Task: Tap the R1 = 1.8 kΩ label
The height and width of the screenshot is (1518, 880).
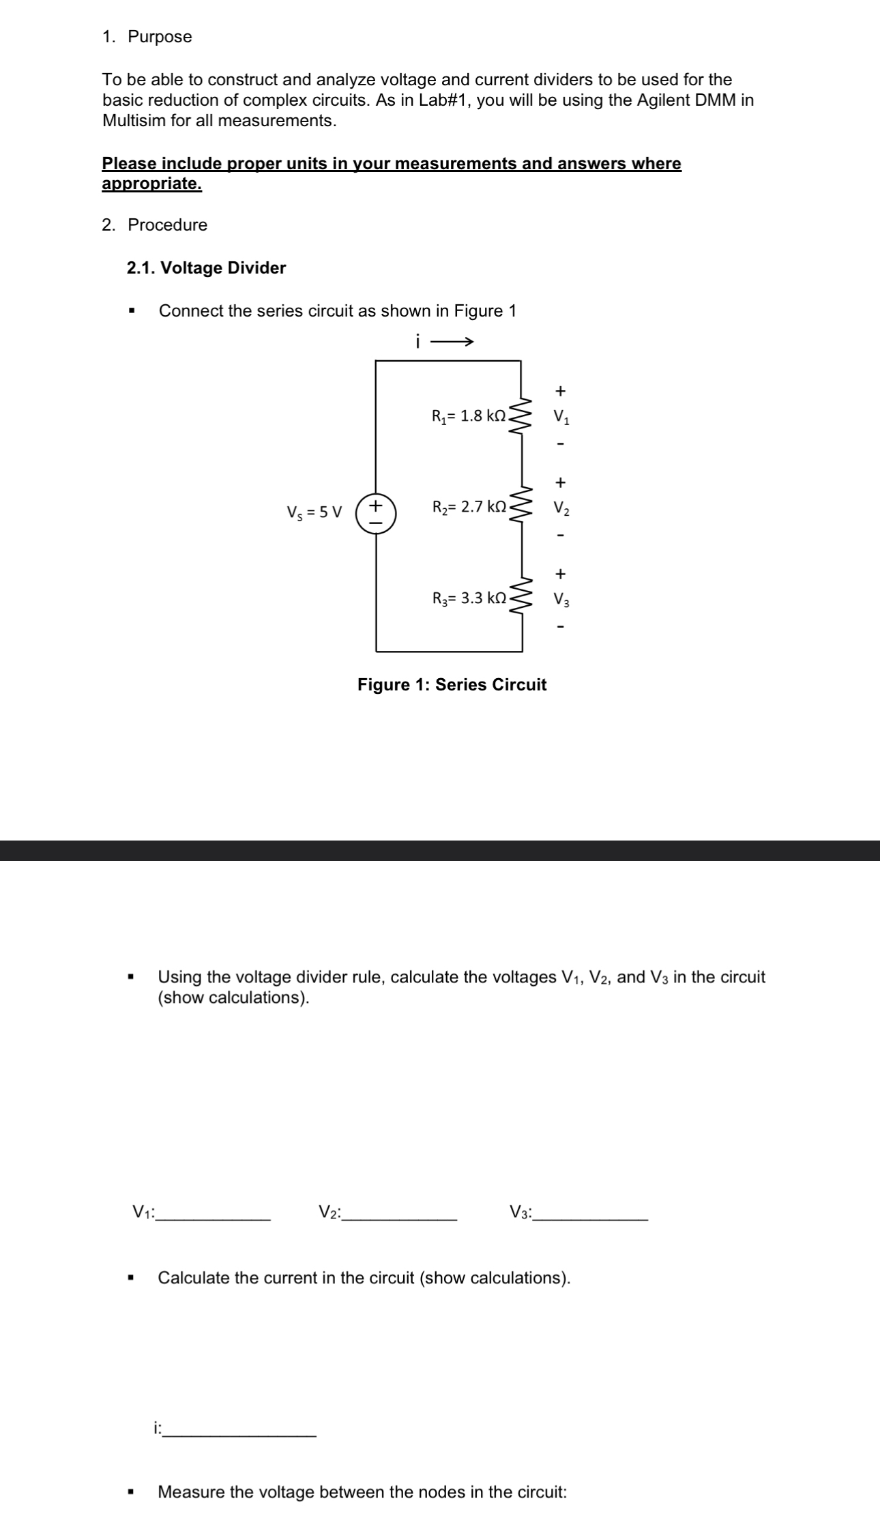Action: point(469,415)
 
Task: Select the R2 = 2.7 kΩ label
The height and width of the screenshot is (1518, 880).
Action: point(469,507)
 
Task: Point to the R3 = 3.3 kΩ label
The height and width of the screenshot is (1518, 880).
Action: point(469,598)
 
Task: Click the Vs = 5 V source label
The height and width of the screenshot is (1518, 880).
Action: point(314,512)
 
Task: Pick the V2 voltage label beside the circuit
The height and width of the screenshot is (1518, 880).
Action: point(561,508)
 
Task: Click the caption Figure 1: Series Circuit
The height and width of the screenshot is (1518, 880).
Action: point(452,684)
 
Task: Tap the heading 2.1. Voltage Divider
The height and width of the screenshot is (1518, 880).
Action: point(206,267)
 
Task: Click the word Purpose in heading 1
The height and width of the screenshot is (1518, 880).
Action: point(160,37)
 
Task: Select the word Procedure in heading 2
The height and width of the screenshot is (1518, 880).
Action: point(167,225)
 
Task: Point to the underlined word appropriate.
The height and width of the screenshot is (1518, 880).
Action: point(151,184)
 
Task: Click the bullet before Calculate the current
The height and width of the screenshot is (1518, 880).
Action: point(130,1278)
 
